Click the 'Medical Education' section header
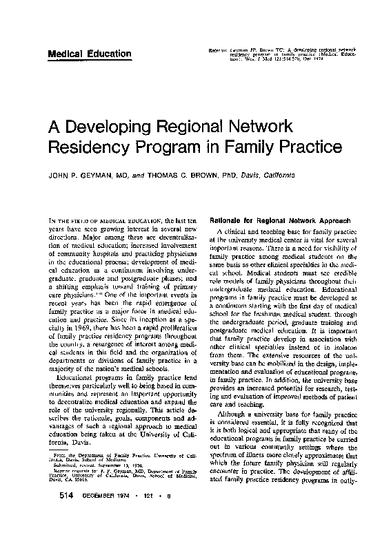(89, 54)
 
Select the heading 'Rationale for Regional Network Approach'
(277, 218)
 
